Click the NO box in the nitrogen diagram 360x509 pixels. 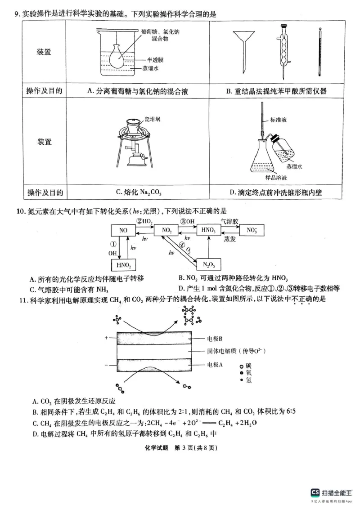(x=123, y=231)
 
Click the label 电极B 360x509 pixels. (x=216, y=338)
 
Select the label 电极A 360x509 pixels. (x=216, y=365)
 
